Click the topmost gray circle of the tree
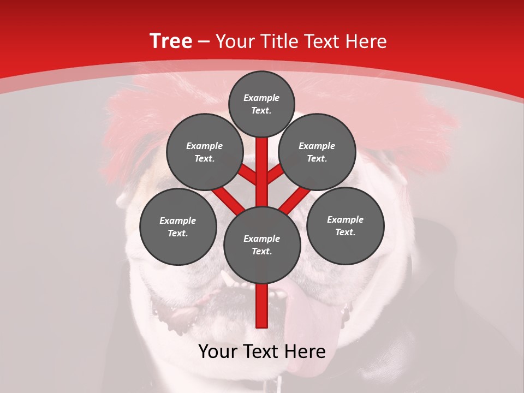(x=261, y=104)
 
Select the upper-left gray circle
(x=204, y=152)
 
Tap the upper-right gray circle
(x=317, y=152)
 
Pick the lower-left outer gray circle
(x=178, y=227)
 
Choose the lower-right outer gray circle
(x=345, y=225)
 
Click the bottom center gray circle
(x=261, y=245)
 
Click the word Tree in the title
(x=171, y=41)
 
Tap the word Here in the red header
(x=367, y=41)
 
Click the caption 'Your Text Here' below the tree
(x=261, y=352)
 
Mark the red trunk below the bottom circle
(x=261, y=306)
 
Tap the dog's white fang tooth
(x=227, y=280)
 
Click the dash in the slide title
(x=204, y=41)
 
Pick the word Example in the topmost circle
(x=261, y=98)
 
